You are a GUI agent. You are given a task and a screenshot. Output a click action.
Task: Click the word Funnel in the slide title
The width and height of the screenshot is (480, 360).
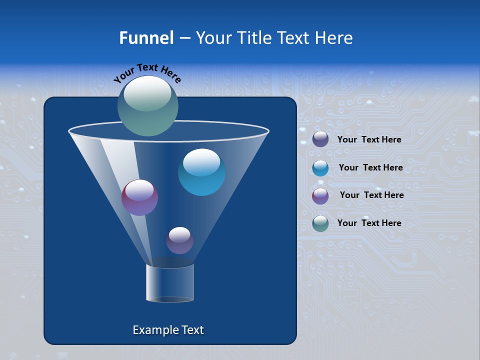coord(146,38)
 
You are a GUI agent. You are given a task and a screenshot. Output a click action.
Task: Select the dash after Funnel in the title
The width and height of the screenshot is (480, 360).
coord(184,38)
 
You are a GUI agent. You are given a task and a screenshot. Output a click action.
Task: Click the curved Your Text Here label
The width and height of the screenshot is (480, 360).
coord(147,72)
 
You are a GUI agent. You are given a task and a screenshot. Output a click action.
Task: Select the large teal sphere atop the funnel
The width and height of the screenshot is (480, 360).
coord(147,106)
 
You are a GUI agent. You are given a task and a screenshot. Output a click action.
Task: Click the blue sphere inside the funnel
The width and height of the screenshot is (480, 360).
coord(201,172)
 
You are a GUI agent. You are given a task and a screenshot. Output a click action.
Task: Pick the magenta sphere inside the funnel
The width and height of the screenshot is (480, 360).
coord(139,197)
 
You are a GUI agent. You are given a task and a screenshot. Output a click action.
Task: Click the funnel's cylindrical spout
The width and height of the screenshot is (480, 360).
coord(170,283)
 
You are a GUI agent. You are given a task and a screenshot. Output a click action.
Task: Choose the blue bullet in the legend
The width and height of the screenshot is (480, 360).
coord(320,168)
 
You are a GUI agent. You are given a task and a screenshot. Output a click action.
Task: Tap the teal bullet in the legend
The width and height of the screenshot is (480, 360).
coord(320,223)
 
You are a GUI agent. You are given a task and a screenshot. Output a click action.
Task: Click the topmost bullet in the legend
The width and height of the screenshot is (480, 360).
coord(320,139)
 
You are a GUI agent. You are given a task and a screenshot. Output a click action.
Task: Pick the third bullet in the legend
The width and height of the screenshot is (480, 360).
coord(320,196)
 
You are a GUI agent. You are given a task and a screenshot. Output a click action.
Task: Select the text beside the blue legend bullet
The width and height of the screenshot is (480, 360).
coord(370,167)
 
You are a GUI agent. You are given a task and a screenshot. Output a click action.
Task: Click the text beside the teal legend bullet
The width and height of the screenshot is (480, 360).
coord(369,223)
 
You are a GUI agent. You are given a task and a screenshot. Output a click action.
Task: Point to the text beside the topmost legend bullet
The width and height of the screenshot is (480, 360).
coord(369,139)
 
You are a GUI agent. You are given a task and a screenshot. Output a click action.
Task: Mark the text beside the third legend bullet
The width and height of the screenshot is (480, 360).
coord(371,195)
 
